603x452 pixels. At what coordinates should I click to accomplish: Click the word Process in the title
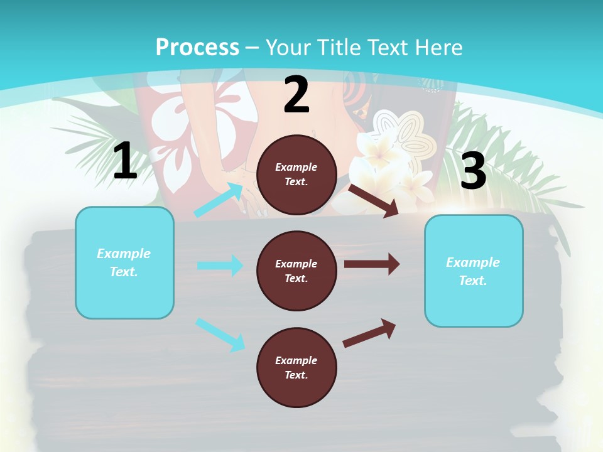click(197, 47)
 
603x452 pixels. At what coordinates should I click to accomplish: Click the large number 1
click(125, 161)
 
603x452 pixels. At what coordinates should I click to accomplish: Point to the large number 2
click(296, 95)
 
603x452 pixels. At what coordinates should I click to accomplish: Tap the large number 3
click(473, 171)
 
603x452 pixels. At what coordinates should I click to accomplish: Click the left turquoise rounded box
click(124, 262)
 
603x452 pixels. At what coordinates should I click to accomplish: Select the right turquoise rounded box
click(474, 271)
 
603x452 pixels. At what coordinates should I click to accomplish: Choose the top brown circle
click(296, 175)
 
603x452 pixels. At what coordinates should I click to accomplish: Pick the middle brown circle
click(296, 271)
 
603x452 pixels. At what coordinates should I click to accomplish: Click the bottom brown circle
click(296, 367)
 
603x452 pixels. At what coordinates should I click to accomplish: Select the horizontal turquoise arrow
click(220, 266)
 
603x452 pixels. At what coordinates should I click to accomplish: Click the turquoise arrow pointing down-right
click(220, 334)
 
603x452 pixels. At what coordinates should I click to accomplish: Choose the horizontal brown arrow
click(372, 264)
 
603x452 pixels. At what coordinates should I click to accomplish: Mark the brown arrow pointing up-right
click(370, 333)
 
